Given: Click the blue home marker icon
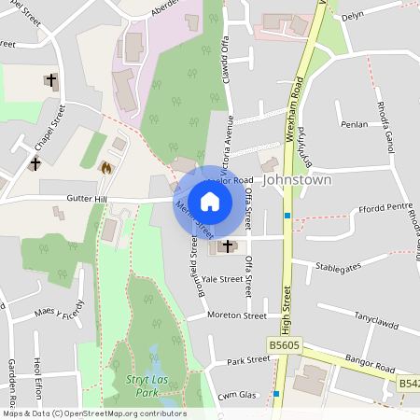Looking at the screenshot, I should click(x=210, y=201).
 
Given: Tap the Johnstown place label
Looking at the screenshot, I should click(x=297, y=178).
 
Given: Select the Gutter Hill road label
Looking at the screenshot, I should click(x=89, y=199).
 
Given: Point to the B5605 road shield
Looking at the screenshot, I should click(x=286, y=344).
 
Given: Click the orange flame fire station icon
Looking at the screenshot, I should click(x=105, y=168).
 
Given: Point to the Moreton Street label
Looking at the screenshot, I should click(x=237, y=316).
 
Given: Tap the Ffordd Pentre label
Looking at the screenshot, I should click(x=385, y=207).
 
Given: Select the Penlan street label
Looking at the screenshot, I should click(x=355, y=124).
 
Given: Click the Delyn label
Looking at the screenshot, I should click(x=352, y=17).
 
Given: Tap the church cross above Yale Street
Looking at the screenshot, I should click(x=227, y=245).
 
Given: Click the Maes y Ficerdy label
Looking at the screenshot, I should click(x=59, y=309).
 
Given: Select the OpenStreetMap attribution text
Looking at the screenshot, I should click(x=93, y=413).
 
